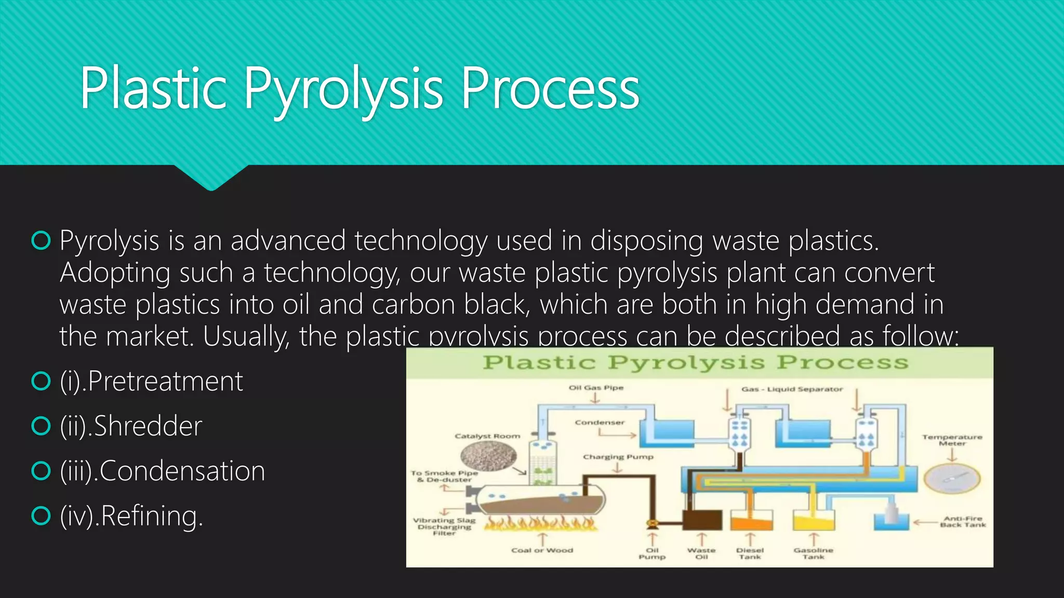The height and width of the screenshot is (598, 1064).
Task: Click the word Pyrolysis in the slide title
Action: [x=343, y=89]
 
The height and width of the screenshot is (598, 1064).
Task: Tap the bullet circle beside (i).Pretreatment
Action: [x=41, y=381]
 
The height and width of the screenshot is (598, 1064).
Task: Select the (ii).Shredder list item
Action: [x=131, y=426]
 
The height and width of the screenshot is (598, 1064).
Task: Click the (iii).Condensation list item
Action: [x=162, y=471]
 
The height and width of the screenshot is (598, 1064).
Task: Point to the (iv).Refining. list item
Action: [x=131, y=516]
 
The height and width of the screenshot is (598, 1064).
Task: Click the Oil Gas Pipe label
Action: [x=596, y=388]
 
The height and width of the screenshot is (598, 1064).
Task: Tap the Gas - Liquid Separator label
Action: [x=792, y=389]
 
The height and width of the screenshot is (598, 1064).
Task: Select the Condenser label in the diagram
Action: [x=600, y=423]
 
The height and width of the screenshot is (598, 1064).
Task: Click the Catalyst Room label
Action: [x=487, y=436]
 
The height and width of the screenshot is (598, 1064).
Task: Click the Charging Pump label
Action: [x=618, y=457]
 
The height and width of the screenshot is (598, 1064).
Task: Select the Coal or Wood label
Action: [x=542, y=550]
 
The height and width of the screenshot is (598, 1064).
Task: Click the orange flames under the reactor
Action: [x=540, y=523]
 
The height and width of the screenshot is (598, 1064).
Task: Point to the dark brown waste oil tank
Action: [x=702, y=520]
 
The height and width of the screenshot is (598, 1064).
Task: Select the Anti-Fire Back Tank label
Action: [x=963, y=522]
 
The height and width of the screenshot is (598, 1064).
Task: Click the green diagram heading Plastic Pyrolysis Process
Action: [x=696, y=362]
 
